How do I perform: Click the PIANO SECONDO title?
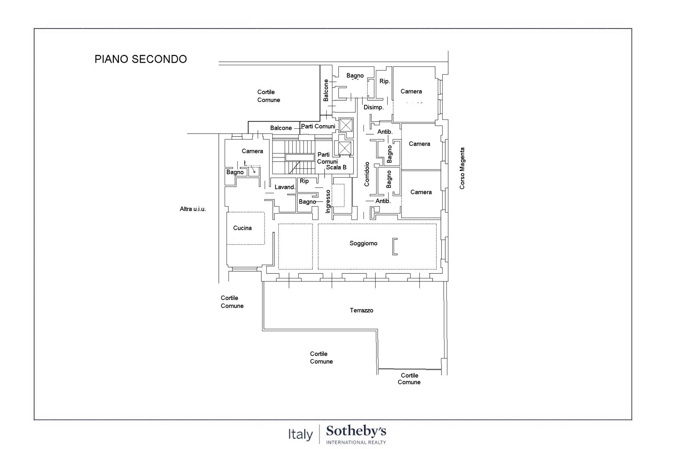coord(141,59)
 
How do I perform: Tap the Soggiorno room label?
coord(363,244)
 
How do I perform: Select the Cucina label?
coord(242,228)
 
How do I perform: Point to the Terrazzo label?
coord(362,310)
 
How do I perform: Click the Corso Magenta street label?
coord(463,168)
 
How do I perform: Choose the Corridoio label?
coord(367,174)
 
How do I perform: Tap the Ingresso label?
coord(328,201)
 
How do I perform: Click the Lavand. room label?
coord(285,187)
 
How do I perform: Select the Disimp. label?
coord(374,107)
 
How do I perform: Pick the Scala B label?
coord(336,167)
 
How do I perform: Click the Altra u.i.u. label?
coord(193,209)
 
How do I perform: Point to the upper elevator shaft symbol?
coord(346,125)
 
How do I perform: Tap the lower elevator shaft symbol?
coord(345,148)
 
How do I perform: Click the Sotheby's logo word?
coord(356,431)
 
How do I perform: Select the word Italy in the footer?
coord(300,434)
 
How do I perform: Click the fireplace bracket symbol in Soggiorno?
coord(395,247)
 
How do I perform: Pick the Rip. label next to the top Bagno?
coord(385,81)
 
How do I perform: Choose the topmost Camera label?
coord(411,91)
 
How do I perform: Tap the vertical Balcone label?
coord(326,90)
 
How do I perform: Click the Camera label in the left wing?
coord(252,151)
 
